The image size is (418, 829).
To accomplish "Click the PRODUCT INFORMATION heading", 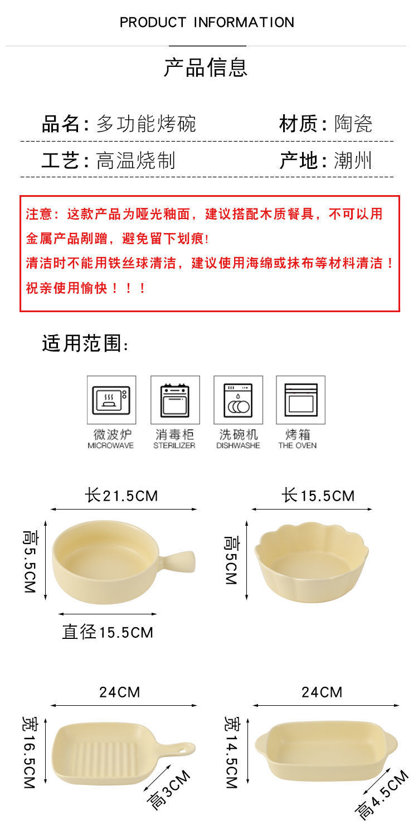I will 207,22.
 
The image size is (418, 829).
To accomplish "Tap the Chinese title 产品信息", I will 206,67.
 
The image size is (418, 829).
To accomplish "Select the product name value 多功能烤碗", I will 146,124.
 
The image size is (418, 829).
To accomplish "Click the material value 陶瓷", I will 353,124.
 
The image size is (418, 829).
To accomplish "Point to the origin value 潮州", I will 353,161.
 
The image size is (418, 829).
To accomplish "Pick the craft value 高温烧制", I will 135,161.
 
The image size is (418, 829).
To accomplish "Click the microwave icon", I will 111,400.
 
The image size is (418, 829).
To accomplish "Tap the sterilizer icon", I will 174,400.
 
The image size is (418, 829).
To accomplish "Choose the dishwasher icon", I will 238,400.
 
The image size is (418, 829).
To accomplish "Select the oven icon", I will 300,400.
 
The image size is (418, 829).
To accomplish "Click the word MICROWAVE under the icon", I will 111,445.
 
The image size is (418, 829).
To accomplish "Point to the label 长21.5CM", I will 121,495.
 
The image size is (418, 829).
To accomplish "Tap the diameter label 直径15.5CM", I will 108,632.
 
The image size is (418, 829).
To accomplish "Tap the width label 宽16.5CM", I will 29,752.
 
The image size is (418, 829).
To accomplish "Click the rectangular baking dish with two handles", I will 326,750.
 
